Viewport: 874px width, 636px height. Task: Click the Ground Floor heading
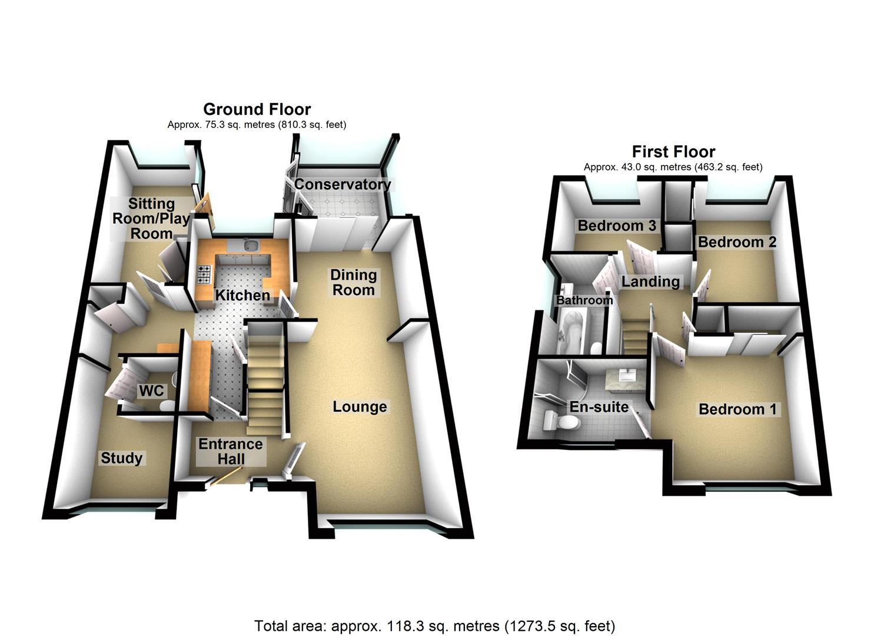click(x=257, y=110)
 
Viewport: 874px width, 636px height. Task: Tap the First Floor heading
click(x=673, y=152)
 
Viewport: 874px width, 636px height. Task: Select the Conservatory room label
click(x=342, y=184)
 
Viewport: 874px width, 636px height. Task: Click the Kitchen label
click(x=242, y=295)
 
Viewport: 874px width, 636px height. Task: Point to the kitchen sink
click(x=250, y=245)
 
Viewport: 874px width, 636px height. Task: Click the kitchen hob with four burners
click(x=205, y=274)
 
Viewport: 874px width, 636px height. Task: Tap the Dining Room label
click(x=353, y=283)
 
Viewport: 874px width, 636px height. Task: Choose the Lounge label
click(x=360, y=407)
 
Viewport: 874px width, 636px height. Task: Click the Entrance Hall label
click(x=230, y=452)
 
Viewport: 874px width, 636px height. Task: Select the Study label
click(x=121, y=458)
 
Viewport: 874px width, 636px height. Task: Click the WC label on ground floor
click(x=151, y=391)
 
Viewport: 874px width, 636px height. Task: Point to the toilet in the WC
click(x=167, y=405)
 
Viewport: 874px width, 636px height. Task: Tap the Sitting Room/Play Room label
click(x=151, y=218)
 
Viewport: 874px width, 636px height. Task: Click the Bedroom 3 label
click(x=616, y=226)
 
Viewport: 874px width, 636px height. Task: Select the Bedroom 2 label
click(x=736, y=242)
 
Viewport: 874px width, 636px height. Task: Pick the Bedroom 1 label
click(x=737, y=409)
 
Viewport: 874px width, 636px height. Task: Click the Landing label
click(x=650, y=282)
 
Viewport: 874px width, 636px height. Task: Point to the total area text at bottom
click(x=434, y=625)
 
